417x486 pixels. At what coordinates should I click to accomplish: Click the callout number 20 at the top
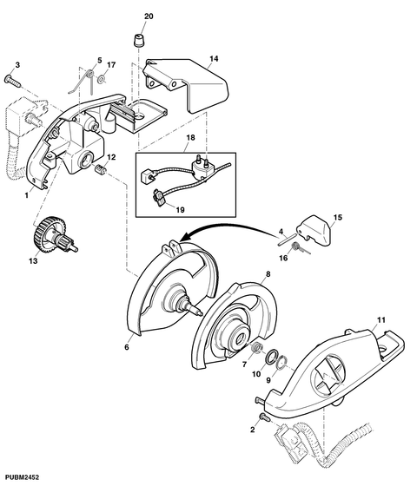pyautogui.click(x=149, y=16)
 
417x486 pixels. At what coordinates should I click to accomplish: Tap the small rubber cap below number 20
pyautogui.click(x=139, y=40)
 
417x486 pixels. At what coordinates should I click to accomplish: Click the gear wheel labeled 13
pyautogui.click(x=55, y=233)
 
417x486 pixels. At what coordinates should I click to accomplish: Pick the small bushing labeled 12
pyautogui.click(x=100, y=170)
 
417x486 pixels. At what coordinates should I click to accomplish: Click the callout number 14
pyautogui.click(x=214, y=59)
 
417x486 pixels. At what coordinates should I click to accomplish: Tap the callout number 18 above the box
pyautogui.click(x=190, y=137)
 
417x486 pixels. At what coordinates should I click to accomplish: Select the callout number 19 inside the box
pyautogui.click(x=181, y=210)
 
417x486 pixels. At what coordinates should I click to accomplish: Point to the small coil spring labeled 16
pyautogui.click(x=301, y=248)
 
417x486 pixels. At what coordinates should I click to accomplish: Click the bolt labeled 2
pyautogui.click(x=265, y=417)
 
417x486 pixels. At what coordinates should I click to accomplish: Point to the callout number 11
pyautogui.click(x=381, y=319)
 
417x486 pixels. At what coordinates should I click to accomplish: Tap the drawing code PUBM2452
pyautogui.click(x=19, y=477)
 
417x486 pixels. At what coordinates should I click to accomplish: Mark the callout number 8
pyautogui.click(x=268, y=273)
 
